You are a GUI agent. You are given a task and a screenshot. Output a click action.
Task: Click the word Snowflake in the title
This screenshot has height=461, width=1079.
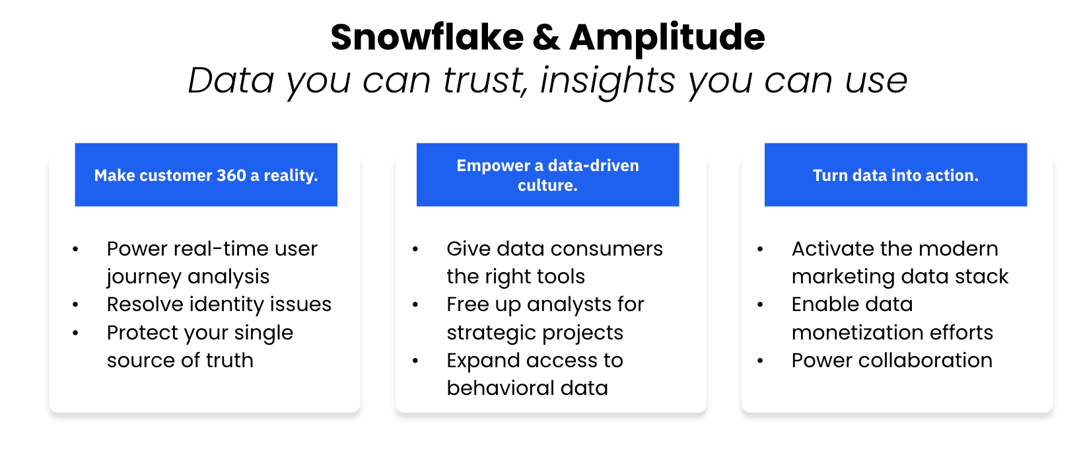(427, 38)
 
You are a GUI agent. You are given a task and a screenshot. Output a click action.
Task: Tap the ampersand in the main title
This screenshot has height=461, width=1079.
(546, 38)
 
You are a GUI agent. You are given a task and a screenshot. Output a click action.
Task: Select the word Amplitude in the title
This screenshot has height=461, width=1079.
(667, 38)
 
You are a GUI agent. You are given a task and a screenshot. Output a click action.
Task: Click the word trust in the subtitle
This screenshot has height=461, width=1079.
(485, 81)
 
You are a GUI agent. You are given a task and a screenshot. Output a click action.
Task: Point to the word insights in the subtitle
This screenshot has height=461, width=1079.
(608, 81)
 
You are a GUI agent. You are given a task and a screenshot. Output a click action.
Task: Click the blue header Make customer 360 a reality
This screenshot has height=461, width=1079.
(206, 175)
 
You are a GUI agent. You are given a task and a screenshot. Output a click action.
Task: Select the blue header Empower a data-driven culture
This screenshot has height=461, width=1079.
(547, 175)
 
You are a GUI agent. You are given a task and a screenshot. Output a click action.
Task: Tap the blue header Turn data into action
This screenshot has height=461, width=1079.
(895, 175)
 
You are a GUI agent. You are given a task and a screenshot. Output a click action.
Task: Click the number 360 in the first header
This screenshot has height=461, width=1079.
(231, 176)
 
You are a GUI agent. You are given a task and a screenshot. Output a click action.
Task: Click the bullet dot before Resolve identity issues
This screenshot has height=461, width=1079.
(75, 305)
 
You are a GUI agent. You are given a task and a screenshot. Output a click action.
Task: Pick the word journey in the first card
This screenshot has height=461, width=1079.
(138, 277)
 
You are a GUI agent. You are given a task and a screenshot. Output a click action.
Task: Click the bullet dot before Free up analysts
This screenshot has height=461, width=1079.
(415, 305)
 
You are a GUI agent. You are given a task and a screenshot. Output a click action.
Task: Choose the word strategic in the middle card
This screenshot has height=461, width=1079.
(488, 333)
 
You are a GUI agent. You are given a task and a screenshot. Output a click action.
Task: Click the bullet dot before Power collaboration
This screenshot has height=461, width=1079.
(760, 361)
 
